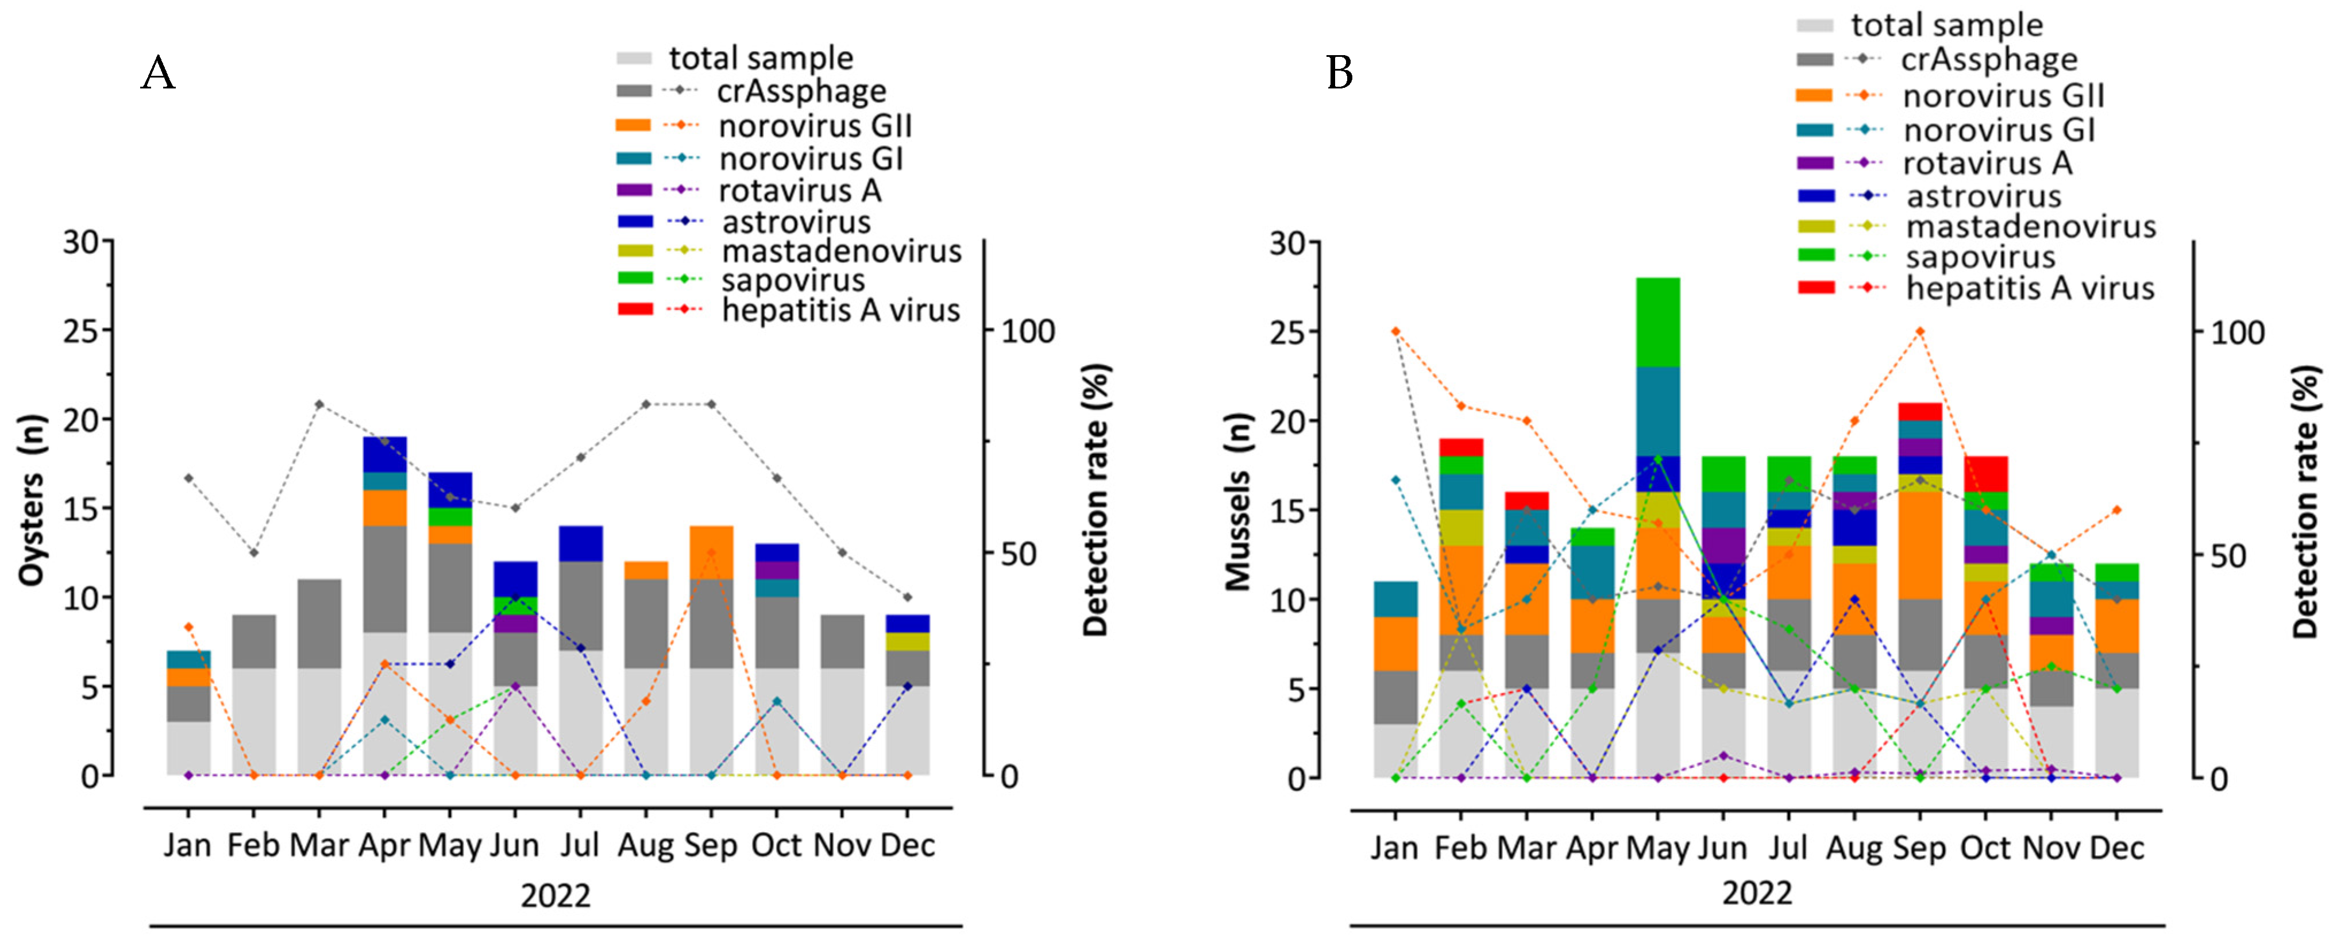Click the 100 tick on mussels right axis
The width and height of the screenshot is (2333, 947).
point(2237,333)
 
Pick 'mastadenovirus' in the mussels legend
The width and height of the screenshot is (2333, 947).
point(2030,226)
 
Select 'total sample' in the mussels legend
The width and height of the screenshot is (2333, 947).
point(1946,25)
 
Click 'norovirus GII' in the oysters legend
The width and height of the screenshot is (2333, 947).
point(815,126)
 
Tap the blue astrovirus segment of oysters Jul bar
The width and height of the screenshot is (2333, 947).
point(581,543)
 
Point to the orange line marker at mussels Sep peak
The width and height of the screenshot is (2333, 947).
point(1919,331)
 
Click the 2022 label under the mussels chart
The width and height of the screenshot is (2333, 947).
point(1756,894)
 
